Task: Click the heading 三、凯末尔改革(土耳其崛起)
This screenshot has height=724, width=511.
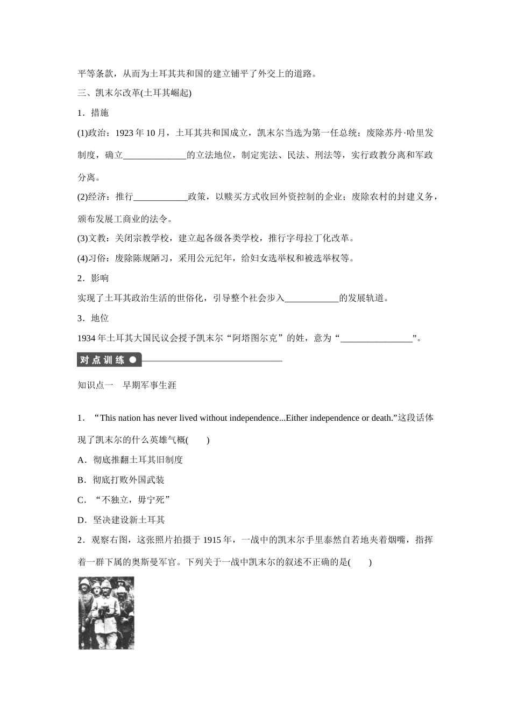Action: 134,93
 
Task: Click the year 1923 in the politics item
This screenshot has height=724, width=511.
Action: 124,133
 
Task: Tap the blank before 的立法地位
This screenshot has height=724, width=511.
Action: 155,155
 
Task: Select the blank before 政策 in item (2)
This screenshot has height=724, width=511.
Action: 160,197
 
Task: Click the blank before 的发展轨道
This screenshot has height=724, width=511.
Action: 311,298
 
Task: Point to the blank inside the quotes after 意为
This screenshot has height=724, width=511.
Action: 377,338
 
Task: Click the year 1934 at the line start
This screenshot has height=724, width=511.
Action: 87,338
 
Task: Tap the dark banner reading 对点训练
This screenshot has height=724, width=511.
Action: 109,360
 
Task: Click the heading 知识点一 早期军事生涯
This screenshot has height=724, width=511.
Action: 127,385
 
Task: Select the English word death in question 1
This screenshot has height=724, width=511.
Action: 381,418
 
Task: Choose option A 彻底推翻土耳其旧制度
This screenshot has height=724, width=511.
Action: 130,460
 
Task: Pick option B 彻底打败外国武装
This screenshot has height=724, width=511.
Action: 121,480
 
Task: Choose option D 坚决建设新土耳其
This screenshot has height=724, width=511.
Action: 121,520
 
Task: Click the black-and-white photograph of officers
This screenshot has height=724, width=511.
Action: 106,613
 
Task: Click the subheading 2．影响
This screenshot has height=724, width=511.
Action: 93,278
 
